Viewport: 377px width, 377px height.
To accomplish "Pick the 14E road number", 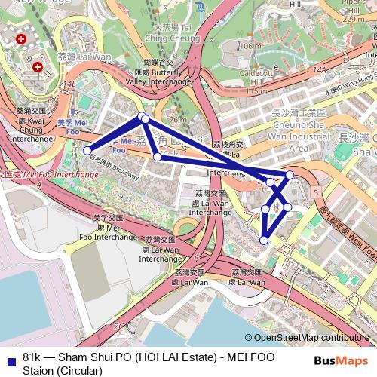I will pyautogui.click(x=72, y=85).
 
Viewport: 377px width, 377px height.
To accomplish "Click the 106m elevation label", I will pyautogui.click(x=249, y=47).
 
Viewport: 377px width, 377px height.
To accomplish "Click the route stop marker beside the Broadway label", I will pyautogui.click(x=87, y=150).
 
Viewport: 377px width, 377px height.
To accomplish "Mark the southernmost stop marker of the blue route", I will pyautogui.click(x=264, y=240).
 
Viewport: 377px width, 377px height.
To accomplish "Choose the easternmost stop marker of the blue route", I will pyautogui.click(x=290, y=175).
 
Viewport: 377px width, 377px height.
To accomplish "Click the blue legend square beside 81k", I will pyautogui.click(x=10, y=357).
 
